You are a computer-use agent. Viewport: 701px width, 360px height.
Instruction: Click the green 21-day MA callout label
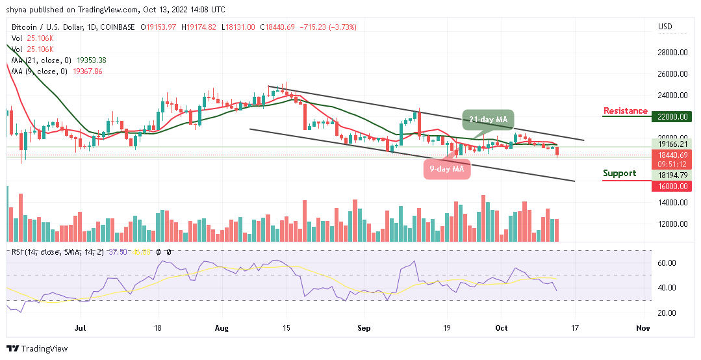pyautogui.click(x=489, y=120)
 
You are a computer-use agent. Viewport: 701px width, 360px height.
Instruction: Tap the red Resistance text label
pyautogui.click(x=625, y=111)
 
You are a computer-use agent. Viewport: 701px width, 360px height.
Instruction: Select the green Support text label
pyautogui.click(x=619, y=174)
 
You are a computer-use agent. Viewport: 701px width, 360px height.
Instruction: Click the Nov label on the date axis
pyautogui.click(x=643, y=329)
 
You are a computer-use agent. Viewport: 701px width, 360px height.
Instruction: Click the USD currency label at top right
pyautogui.click(x=665, y=27)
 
